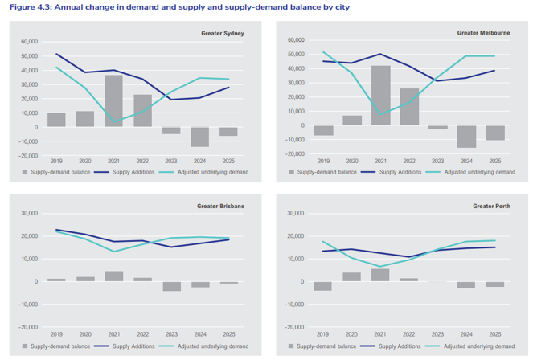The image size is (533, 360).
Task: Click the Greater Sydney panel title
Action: pyautogui.click(x=223, y=34)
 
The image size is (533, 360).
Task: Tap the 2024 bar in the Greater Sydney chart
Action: pyautogui.click(x=199, y=137)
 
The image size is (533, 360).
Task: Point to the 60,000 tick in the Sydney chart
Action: pyautogui.click(x=29, y=42)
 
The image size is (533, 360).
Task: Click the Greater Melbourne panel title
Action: pyautogui.click(x=483, y=33)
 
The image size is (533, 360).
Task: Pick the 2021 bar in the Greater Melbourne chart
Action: pyautogui.click(x=380, y=95)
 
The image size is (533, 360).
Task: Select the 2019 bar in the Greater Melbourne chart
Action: pyautogui.click(x=323, y=130)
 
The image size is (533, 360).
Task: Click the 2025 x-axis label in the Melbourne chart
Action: pyautogui.click(x=495, y=161)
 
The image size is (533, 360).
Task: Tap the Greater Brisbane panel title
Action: pyautogui.click(x=220, y=207)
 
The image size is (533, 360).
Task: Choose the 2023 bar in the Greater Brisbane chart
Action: pyautogui.click(x=171, y=286)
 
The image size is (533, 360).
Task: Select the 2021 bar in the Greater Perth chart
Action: pyautogui.click(x=380, y=275)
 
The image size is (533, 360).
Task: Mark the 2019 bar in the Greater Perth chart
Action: pyautogui.click(x=323, y=286)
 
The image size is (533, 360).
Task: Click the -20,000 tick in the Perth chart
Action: pyautogui.click(x=294, y=327)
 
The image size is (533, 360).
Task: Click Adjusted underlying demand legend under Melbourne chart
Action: pyautogui.click(x=479, y=172)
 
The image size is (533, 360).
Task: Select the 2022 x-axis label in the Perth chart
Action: pyautogui.click(x=409, y=333)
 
